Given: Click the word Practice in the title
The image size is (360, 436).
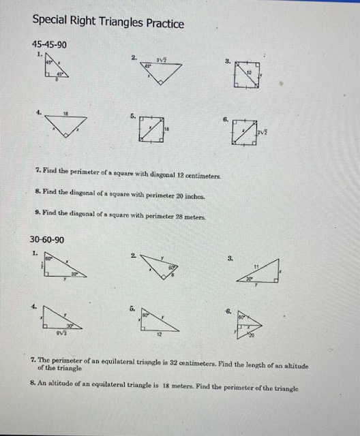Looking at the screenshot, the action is pyautogui.click(x=158, y=24).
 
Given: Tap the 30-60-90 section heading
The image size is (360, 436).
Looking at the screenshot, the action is pyautogui.click(x=48, y=240).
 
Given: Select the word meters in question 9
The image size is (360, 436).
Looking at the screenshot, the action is pyautogui.click(x=196, y=214).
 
